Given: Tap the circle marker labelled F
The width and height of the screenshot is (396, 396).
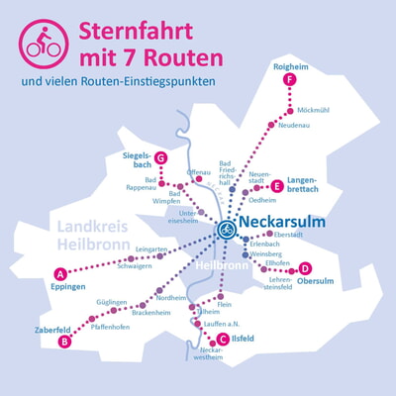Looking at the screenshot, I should (x=288, y=79).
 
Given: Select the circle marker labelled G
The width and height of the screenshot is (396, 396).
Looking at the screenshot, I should (x=159, y=158).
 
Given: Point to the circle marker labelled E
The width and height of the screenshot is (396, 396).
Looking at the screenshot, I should (x=276, y=185).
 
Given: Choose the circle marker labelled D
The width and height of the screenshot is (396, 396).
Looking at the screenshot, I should (x=305, y=268).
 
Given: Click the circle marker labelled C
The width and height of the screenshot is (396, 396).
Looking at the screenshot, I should (x=223, y=339).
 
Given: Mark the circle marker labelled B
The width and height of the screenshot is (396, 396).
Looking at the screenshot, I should (x=64, y=342).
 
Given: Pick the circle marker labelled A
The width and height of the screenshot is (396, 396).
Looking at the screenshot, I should (x=60, y=273).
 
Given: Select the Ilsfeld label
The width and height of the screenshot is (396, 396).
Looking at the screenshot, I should (x=243, y=339).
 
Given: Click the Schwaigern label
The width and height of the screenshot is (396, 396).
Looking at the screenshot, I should (x=135, y=265).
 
